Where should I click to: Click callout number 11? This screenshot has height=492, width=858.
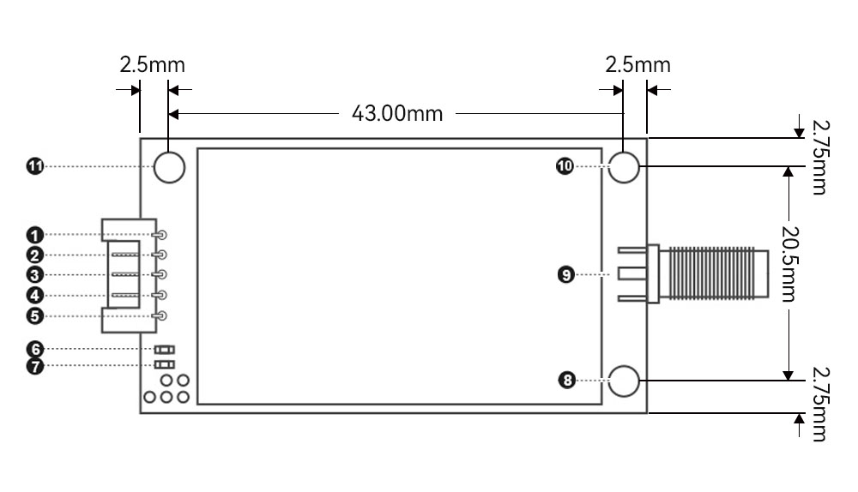pyautogui.click(x=35, y=166)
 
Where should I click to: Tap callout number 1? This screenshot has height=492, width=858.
pyautogui.click(x=35, y=235)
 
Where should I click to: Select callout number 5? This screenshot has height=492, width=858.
pyautogui.click(x=35, y=316)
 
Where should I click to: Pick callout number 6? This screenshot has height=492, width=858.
pyautogui.click(x=35, y=350)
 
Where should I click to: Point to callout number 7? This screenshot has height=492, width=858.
pyautogui.click(x=35, y=366)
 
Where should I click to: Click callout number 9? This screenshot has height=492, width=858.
pyautogui.click(x=566, y=274)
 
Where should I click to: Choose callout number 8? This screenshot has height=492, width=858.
pyautogui.click(x=566, y=380)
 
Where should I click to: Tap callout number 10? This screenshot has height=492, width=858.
pyautogui.click(x=565, y=166)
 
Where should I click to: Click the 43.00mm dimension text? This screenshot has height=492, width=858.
pyautogui.click(x=397, y=114)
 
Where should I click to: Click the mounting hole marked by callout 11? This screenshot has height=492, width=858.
pyautogui.click(x=170, y=167)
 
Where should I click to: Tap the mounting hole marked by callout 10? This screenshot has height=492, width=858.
pyautogui.click(x=624, y=167)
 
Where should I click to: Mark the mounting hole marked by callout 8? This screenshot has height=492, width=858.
pyautogui.click(x=624, y=381)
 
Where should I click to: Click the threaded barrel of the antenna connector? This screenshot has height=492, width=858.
pyautogui.click(x=714, y=274)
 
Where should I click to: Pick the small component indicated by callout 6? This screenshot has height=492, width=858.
pyautogui.click(x=164, y=350)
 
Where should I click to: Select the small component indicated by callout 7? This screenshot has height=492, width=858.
pyautogui.click(x=164, y=364)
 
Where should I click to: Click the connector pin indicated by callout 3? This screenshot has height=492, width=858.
pyautogui.click(x=160, y=274)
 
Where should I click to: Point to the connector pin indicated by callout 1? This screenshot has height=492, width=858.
pyautogui.click(x=160, y=235)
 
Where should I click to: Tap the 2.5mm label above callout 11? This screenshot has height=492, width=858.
pyautogui.click(x=153, y=65)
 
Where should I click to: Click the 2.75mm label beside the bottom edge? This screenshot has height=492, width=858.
pyautogui.click(x=819, y=404)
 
